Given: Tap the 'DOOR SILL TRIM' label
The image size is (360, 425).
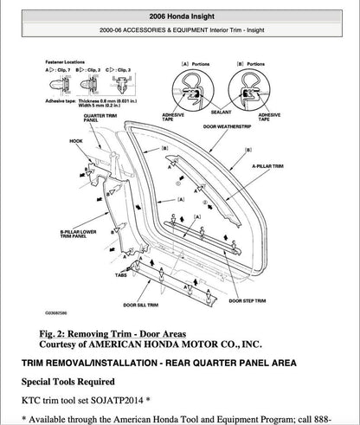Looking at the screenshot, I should (x=143, y=306).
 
